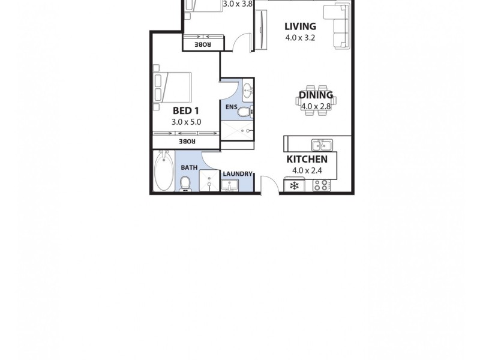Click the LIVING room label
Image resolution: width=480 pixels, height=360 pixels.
click(300, 26)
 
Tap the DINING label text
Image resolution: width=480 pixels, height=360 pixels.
click(316, 95)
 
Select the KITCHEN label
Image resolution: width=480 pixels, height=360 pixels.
click(307, 159)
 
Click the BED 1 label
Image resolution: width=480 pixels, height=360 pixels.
click(185, 110)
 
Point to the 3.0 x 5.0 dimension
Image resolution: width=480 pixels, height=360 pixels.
click(186, 122)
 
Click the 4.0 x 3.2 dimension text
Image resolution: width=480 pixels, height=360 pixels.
click(300, 37)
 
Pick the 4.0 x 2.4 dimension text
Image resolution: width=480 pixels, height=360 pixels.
click(307, 170)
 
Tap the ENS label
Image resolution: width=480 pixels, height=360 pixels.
click(231, 107)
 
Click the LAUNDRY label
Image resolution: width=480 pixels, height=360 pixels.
click(238, 174)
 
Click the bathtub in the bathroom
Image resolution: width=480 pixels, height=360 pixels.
click(162, 171)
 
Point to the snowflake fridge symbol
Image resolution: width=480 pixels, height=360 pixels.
click(294, 186)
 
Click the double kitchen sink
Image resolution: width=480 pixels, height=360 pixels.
click(322, 145)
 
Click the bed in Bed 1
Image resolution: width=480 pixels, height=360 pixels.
click(173, 87)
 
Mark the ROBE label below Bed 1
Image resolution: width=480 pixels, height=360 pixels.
click(185, 141)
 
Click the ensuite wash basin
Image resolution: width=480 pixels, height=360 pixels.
click(248, 92)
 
